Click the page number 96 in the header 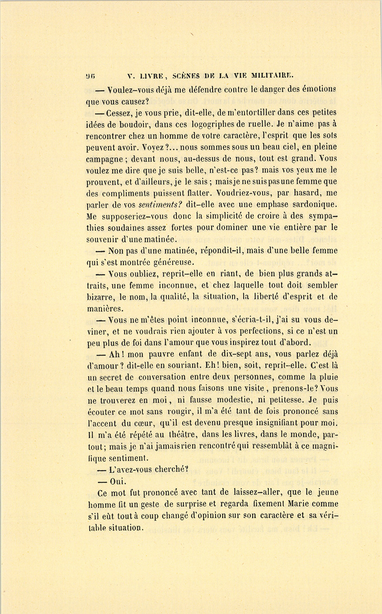click(90, 77)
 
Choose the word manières click(105, 308)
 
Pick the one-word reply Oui click(117, 482)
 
